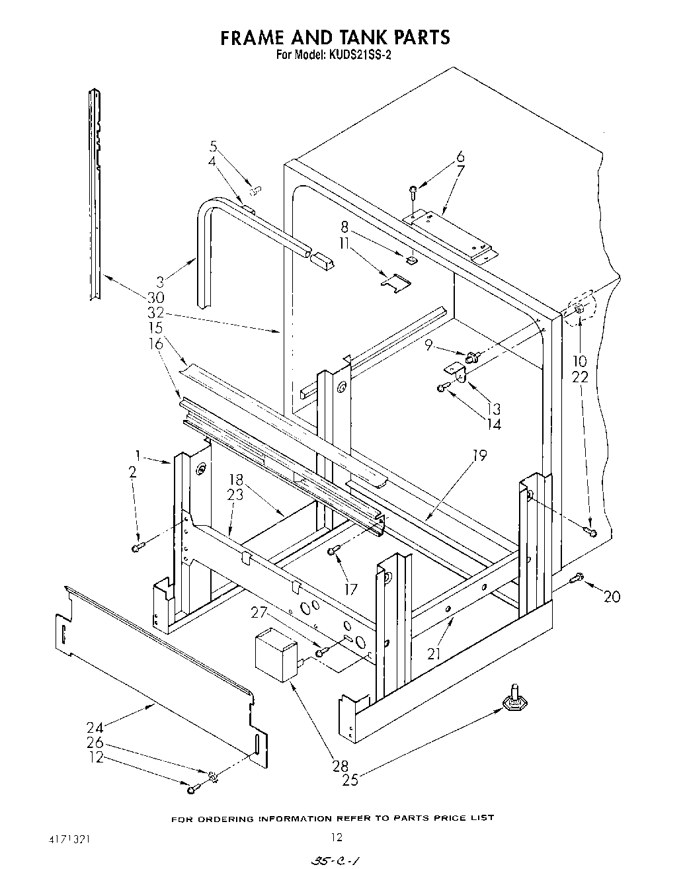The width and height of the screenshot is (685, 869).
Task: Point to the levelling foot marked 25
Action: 513,701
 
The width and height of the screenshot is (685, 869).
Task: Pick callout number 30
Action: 155,298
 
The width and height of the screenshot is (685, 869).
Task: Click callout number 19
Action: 479,456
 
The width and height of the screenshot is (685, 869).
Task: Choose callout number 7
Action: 460,171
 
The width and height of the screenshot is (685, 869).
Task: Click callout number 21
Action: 434,654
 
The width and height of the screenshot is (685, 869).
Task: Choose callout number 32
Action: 155,313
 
